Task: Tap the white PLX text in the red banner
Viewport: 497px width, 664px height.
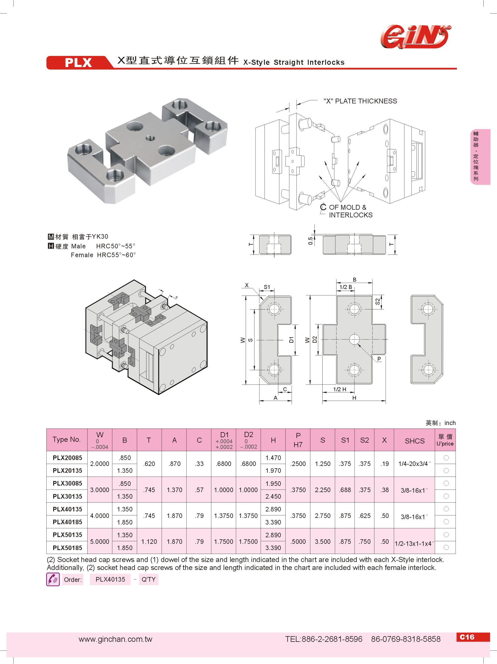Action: tap(78, 63)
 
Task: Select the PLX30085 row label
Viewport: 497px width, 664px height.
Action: tap(67, 483)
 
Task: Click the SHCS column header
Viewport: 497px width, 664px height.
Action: tap(414, 441)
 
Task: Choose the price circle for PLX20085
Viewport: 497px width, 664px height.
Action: tap(446, 458)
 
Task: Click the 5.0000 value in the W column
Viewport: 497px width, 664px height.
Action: tap(100, 542)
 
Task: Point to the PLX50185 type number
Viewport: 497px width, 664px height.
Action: tap(67, 548)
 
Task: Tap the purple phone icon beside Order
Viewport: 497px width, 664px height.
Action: tap(53, 579)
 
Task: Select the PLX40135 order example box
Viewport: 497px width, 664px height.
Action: tap(110, 579)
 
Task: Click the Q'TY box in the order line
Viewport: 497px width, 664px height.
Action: tap(149, 579)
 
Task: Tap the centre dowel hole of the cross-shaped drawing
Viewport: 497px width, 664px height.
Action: tap(354, 340)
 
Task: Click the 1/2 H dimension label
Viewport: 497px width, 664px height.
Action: tap(340, 389)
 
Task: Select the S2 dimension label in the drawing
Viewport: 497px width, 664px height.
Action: tap(378, 302)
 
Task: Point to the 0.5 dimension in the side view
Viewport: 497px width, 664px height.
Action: tap(310, 241)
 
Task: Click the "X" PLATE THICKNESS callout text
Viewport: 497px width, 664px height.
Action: tap(360, 101)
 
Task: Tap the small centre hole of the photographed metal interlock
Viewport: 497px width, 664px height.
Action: tap(150, 138)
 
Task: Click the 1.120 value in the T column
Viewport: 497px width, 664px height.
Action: tap(149, 542)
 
